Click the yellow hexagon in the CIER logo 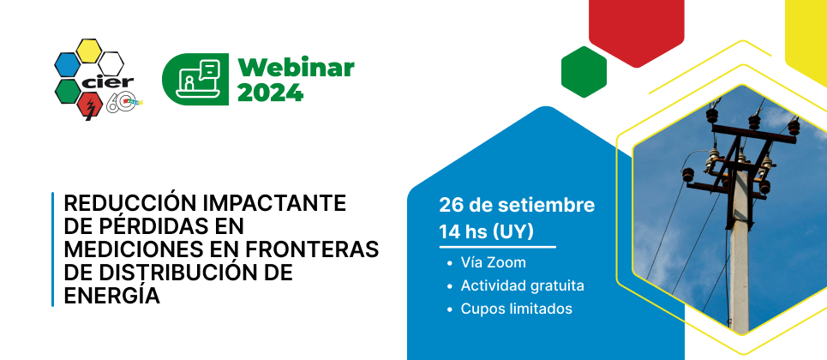click(88, 51)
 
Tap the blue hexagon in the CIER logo click(67, 64)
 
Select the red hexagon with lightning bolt click(89, 105)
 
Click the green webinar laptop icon click(195, 79)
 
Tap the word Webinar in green click(296, 68)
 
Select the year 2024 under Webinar click(271, 93)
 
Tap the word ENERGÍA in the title click(111, 295)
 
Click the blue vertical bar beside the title click(53, 249)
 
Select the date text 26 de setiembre click(517, 206)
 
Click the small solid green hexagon click(584, 72)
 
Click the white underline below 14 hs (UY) click(497, 247)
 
